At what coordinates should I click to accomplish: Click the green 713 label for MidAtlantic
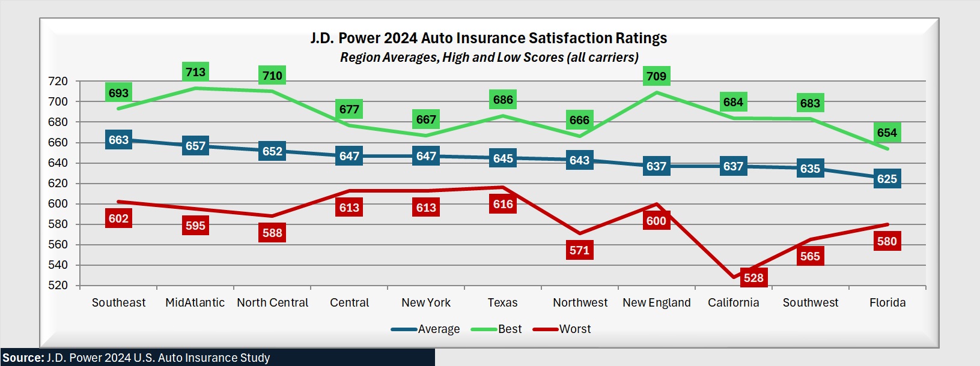tap(195, 72)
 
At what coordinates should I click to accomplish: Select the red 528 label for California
tap(753, 278)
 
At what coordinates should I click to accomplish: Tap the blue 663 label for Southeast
tap(118, 140)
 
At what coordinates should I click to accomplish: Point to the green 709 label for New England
tap(656, 76)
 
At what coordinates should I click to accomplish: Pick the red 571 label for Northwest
tap(579, 250)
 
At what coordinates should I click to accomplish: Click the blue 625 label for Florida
tap(887, 179)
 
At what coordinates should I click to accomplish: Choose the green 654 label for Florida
tap(887, 133)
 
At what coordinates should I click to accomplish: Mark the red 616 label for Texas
tap(503, 204)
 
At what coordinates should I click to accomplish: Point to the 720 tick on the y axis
tap(58, 81)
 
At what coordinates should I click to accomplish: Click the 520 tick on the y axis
tap(58, 285)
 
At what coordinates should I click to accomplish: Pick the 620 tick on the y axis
tap(58, 183)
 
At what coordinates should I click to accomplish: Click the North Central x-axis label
tap(272, 302)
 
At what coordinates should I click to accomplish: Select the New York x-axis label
tap(426, 302)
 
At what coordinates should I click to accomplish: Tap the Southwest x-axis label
tap(810, 302)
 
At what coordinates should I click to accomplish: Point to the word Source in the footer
tap(22, 358)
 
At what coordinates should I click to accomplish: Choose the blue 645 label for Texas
tap(503, 158)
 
